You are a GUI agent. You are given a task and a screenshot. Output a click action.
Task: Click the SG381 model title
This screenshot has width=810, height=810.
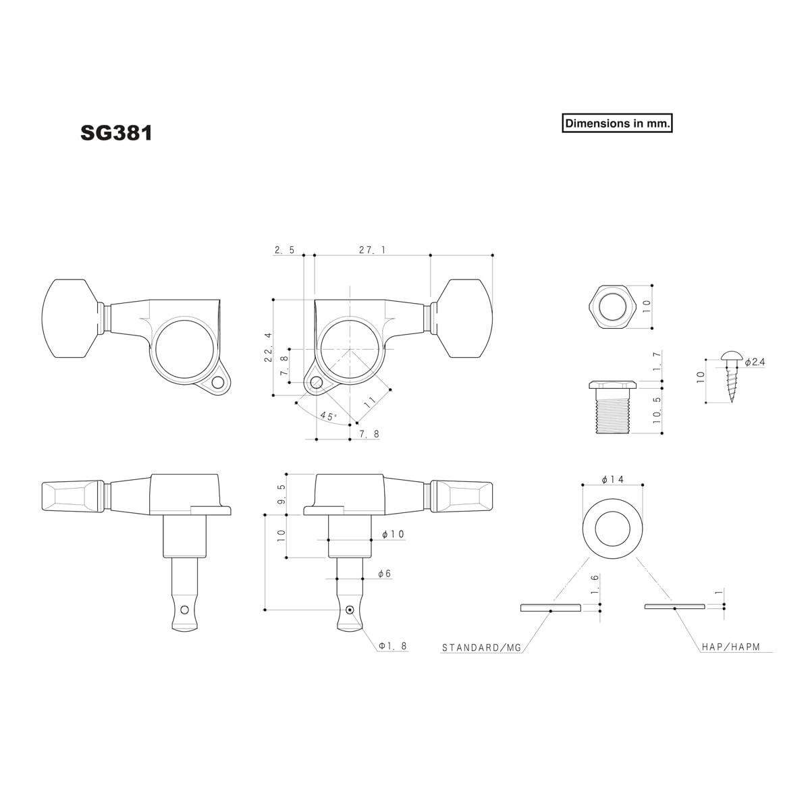coord(116,133)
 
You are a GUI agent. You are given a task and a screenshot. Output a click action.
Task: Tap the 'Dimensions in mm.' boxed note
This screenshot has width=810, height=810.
coord(617,123)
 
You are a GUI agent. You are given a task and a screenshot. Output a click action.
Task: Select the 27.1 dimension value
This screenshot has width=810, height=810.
coord(372,250)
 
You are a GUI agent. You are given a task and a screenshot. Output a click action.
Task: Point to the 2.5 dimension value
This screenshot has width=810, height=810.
coord(285,250)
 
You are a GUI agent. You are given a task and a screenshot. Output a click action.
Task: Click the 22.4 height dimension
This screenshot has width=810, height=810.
coord(268,347)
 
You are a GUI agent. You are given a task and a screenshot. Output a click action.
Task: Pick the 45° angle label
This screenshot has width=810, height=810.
coord(328,416)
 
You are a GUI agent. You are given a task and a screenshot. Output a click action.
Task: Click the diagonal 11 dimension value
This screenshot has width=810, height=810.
coord(369,402)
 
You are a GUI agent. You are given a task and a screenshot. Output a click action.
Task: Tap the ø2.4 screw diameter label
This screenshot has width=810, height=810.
coord(755,362)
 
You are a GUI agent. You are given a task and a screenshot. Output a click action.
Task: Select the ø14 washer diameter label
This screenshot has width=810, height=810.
coord(612,479)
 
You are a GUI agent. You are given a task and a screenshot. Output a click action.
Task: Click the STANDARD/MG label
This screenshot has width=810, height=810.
coord(481,647)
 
